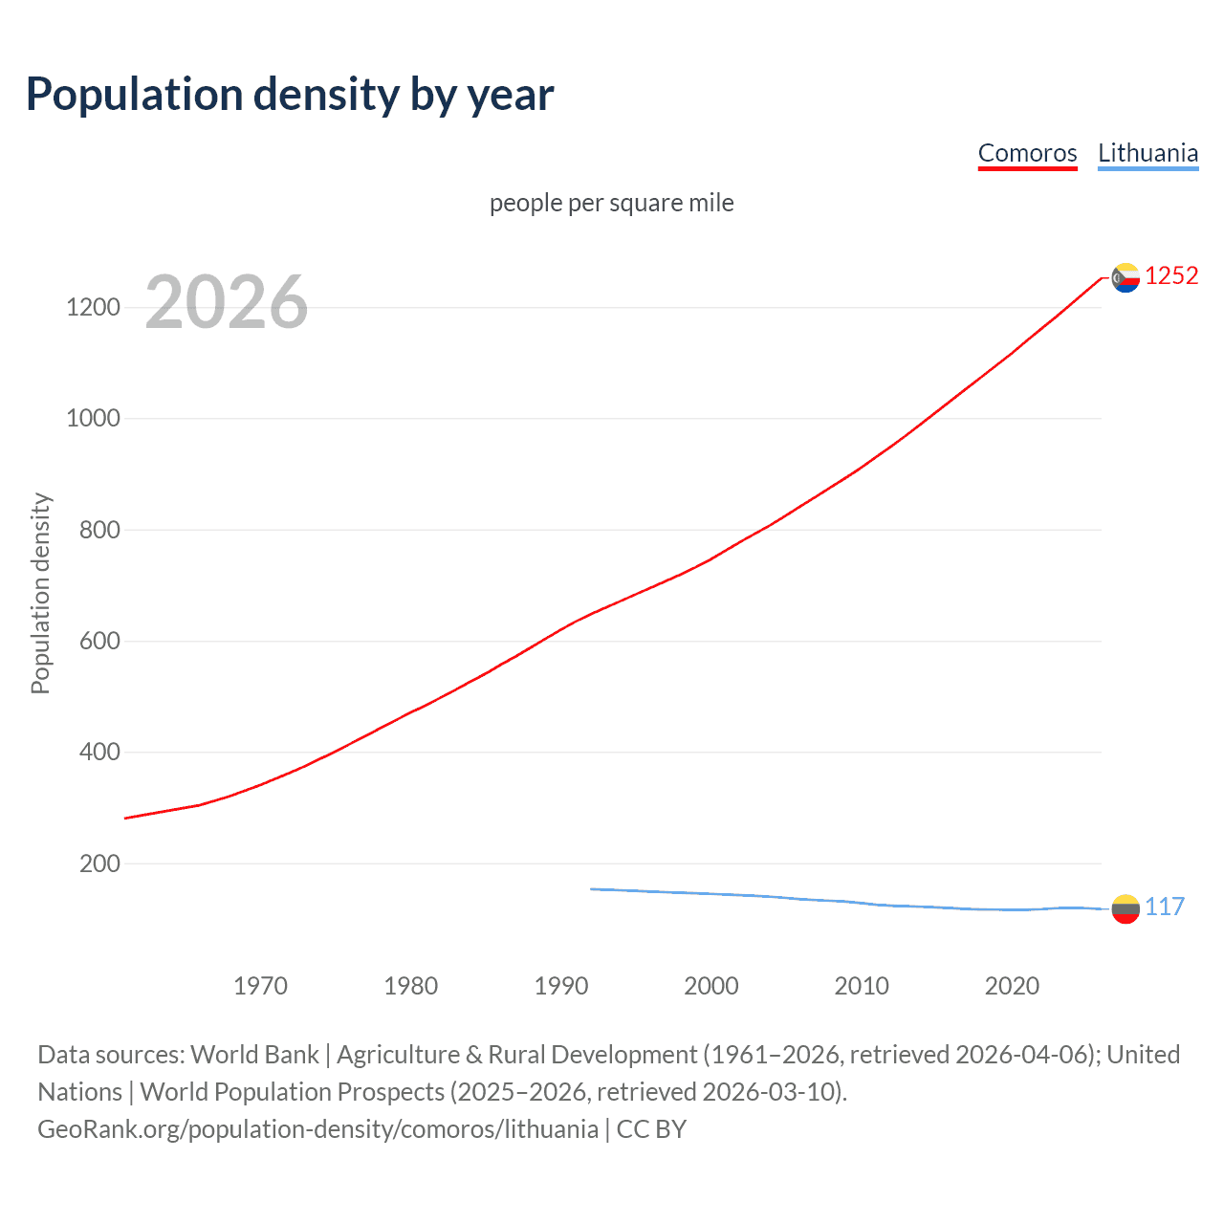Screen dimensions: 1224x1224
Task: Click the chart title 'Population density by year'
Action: point(290,95)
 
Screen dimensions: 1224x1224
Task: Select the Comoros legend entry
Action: point(1027,153)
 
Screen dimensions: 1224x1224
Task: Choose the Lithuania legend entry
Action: point(1147,153)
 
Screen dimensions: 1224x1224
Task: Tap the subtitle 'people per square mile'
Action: point(611,203)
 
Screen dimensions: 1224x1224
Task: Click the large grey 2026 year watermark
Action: point(227,302)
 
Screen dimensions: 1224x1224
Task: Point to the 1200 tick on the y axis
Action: point(93,308)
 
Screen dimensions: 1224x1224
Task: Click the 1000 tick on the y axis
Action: point(93,419)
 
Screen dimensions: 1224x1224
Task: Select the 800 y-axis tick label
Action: point(99,530)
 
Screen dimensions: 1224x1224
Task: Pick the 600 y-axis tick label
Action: point(99,642)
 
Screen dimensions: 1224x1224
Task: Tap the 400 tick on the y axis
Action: point(99,753)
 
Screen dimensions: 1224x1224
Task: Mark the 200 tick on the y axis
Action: point(99,864)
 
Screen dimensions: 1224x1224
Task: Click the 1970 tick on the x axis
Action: point(260,986)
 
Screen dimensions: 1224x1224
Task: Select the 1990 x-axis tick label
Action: point(561,986)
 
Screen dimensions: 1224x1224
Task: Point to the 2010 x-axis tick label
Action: point(862,986)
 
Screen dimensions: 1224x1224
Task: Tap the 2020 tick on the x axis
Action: point(1012,986)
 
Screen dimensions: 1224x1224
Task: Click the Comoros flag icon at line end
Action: point(1126,277)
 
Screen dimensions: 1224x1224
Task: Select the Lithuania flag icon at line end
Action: point(1126,908)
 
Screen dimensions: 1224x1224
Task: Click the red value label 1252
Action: point(1171,276)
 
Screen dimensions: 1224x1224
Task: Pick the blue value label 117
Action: point(1165,907)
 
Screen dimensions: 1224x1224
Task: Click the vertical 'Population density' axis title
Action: point(40,593)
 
